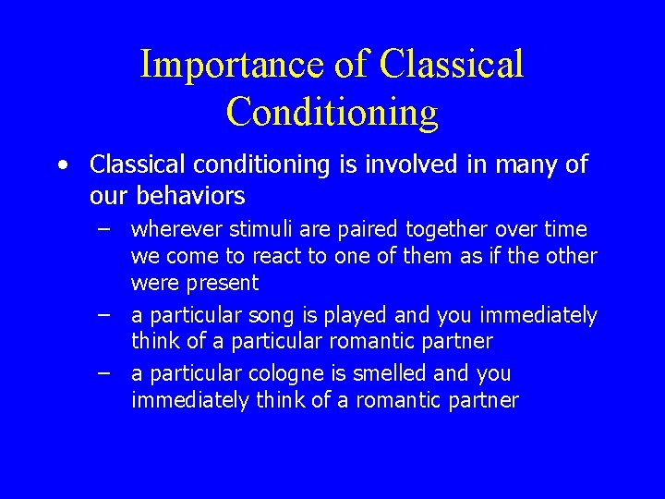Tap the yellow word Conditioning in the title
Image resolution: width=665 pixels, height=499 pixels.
[332, 112]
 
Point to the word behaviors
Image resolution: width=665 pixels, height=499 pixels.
[190, 196]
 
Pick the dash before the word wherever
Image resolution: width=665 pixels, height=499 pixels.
[104, 228]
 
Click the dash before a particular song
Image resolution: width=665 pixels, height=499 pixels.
[104, 315]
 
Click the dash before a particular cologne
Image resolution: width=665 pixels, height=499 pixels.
[104, 373]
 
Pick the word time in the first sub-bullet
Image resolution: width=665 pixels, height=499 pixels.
[567, 229]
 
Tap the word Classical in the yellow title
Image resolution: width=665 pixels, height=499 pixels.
[452, 65]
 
